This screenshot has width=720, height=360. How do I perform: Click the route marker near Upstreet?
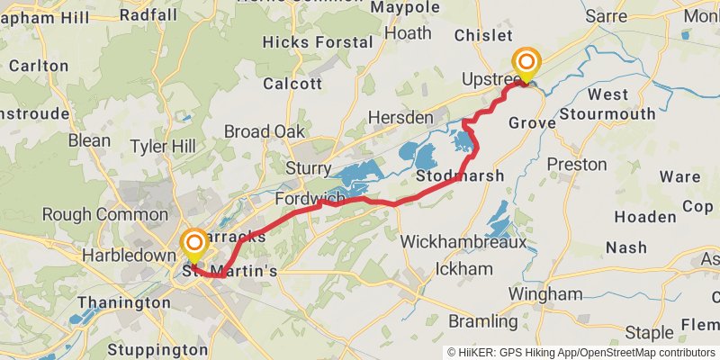point(526,63)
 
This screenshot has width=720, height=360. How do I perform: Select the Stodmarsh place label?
point(459,175)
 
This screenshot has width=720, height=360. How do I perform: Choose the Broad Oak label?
point(265,131)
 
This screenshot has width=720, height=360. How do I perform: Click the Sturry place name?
point(310,168)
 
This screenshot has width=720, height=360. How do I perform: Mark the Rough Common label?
point(104,215)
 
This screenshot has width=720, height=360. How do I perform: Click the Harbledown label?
point(127,256)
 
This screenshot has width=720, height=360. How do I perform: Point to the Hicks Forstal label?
point(318,42)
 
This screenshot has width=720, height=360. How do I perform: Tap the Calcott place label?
point(292,84)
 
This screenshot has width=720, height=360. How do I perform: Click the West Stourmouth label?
point(608,104)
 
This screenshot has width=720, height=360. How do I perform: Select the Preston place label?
point(577,165)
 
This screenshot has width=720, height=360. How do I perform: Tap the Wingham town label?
point(545,294)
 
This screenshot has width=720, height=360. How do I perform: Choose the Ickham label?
point(463,269)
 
